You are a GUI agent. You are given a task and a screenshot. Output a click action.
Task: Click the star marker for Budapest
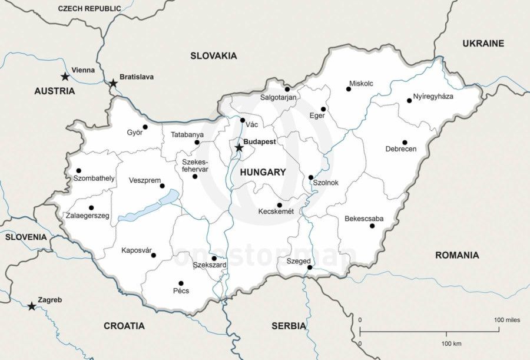[238, 147]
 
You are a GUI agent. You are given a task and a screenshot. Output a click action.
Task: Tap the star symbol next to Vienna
[65, 77]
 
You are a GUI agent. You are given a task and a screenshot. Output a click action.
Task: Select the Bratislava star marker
[113, 84]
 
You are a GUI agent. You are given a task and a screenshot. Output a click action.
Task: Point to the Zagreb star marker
[31, 306]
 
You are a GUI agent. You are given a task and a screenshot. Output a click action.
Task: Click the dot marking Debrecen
[405, 143]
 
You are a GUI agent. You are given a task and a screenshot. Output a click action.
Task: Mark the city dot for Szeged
[309, 268]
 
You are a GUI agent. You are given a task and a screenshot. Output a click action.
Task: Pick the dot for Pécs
[181, 283]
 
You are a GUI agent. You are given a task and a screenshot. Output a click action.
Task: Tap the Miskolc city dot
[348, 90]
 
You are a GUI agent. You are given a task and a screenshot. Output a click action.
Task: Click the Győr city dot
[145, 127]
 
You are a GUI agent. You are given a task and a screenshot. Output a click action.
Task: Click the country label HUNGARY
[263, 173]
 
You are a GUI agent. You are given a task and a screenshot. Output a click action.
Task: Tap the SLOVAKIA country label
[213, 56]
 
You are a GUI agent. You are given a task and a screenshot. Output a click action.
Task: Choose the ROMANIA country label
[456, 255]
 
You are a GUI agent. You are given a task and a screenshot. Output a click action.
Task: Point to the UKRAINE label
[483, 43]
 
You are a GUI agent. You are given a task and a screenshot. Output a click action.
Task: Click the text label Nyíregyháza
[433, 96]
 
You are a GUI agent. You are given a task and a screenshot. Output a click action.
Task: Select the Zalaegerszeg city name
[88, 216]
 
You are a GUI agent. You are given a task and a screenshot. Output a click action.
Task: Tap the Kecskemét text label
[276, 212]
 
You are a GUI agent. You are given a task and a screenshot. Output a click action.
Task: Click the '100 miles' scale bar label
[506, 320]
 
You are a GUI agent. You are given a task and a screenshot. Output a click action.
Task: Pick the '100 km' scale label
[451, 343]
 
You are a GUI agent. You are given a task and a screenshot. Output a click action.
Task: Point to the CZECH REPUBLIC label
[90, 8]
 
